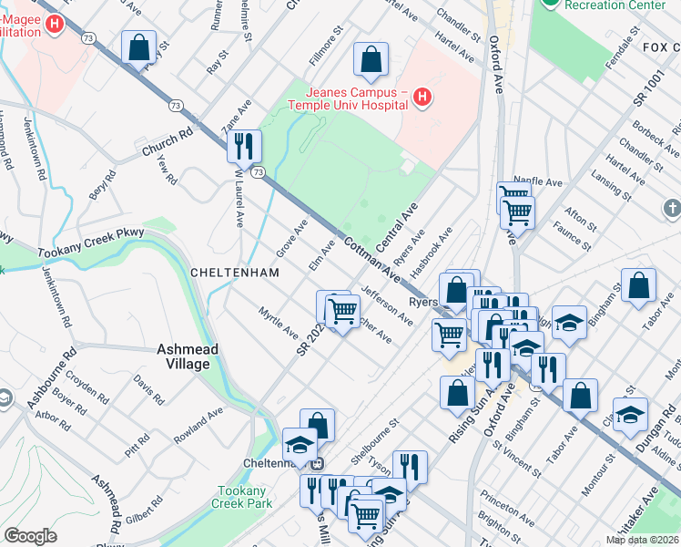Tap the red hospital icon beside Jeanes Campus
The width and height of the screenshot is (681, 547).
click(422, 97)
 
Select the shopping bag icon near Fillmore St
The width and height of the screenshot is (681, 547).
click(371, 61)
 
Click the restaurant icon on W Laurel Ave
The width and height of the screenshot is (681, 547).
click(244, 146)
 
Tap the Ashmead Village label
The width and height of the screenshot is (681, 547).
click(183, 356)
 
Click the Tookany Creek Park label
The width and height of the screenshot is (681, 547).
click(241, 496)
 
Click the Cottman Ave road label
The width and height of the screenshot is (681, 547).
click(372, 259)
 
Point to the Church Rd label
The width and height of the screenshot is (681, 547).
click(168, 139)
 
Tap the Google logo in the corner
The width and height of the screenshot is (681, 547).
click(30, 536)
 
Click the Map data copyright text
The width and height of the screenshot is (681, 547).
click(642, 540)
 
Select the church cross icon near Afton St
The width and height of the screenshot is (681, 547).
click(671, 211)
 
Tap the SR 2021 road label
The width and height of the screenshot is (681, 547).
click(311, 341)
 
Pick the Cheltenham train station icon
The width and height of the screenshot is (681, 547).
click(317, 463)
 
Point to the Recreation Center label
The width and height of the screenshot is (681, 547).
click(615, 5)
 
